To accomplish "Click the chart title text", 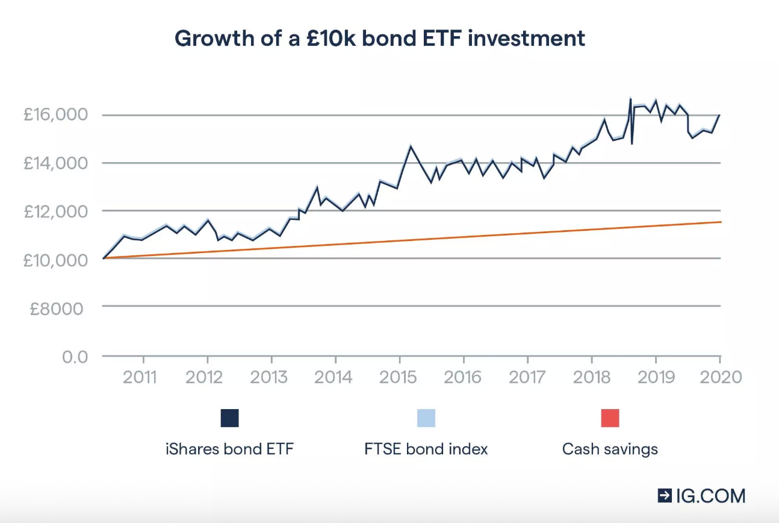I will pos(379,39).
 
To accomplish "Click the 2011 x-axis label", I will pos(140,377).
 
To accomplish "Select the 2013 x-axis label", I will pos(268,377).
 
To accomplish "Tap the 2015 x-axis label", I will pos(397,377).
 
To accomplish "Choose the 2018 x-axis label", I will pos(591,377).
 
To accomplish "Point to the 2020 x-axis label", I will pos(719,377).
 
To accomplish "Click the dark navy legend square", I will pos(229,418).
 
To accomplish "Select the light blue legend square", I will pos(426,418).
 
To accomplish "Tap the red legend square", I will pos(610,418).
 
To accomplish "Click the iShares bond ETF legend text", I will pos(229,449).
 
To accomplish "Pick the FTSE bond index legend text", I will pos(426,449).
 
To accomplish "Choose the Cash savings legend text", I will pos(610,449).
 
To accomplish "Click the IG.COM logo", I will pos(701,496).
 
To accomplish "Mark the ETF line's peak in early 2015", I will pos(411,146).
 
